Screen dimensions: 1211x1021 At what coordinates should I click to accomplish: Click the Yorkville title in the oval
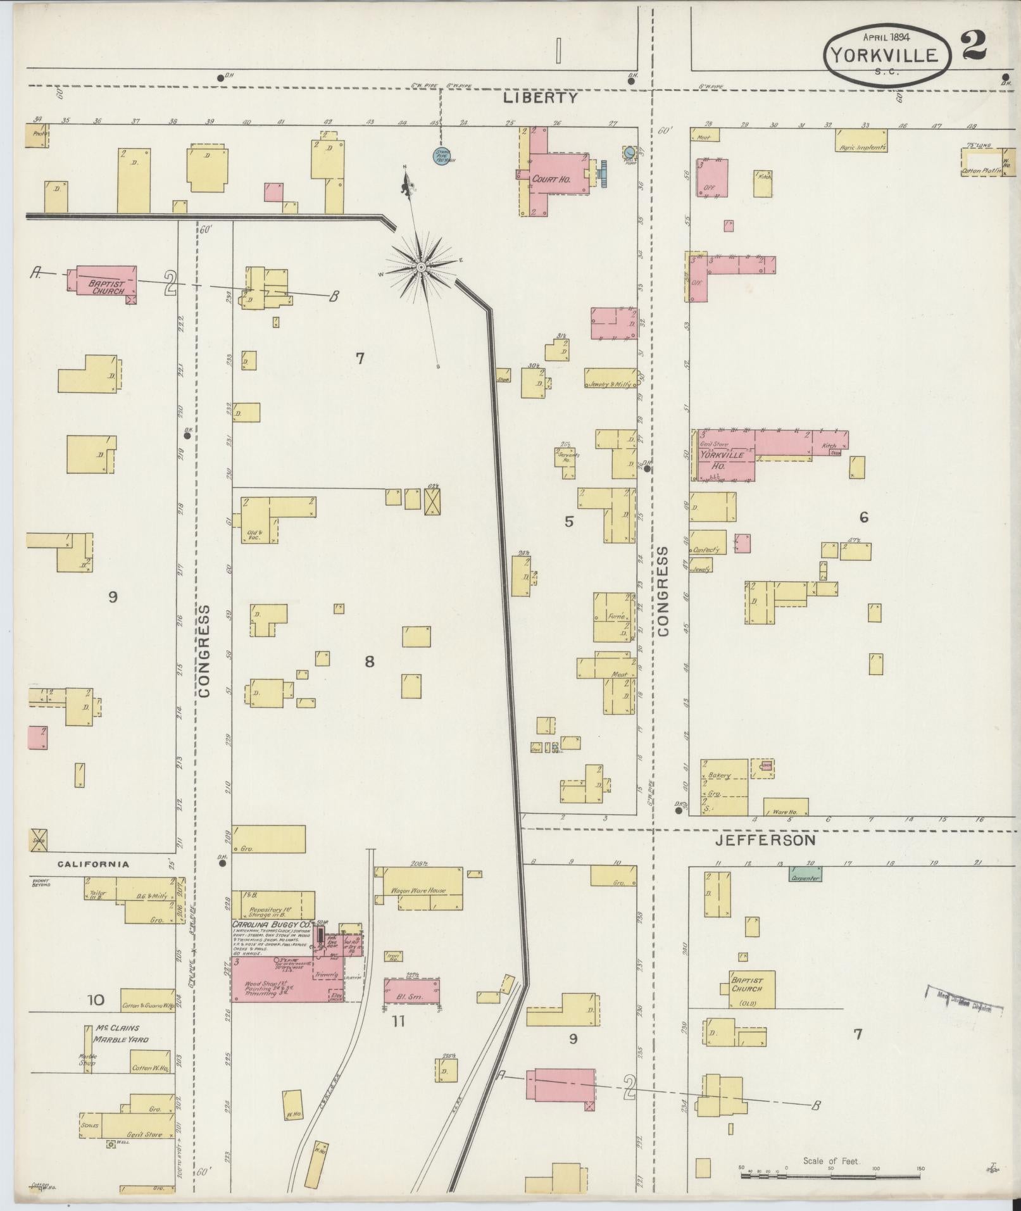[x=885, y=55]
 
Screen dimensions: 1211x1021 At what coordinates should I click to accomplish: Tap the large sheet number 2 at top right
[x=975, y=46]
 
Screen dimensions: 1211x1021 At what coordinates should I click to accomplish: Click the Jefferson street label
[x=765, y=840]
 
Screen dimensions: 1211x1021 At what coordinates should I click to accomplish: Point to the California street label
[x=93, y=864]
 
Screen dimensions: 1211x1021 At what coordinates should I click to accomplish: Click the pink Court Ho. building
[x=550, y=179]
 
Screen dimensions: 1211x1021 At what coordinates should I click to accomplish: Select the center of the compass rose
[x=420, y=268]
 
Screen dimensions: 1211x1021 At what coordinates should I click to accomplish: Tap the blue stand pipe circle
[x=441, y=156]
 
